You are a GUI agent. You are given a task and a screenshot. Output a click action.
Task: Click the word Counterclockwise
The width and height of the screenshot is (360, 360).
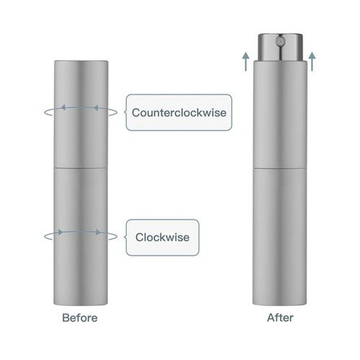(179, 112)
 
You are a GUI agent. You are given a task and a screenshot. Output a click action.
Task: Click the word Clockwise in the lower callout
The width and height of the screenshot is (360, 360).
(162, 237)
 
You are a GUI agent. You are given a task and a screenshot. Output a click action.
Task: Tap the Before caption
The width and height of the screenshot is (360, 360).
(80, 318)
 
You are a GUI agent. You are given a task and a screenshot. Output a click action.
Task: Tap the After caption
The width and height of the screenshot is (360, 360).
(280, 318)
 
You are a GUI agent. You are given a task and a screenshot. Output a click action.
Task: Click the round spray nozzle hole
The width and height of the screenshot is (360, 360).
(280, 41)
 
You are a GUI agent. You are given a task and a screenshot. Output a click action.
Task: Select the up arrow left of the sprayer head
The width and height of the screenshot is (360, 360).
(246, 61)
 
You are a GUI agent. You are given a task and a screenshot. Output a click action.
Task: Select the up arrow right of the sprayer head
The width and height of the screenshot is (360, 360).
(312, 61)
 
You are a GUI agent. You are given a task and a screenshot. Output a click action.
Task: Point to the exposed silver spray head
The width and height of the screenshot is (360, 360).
(280, 47)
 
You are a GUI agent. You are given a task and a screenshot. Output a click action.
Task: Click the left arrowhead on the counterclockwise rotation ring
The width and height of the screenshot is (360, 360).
(63, 107)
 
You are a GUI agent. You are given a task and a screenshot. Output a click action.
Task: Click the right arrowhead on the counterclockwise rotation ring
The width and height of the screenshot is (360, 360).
(96, 108)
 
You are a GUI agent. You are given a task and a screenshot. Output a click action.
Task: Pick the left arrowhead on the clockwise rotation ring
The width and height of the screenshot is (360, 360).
(61, 232)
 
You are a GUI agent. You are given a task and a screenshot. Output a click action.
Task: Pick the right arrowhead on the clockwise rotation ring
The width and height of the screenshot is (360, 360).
(98, 232)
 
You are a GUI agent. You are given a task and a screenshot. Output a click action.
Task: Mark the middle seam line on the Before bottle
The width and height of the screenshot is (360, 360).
(81, 168)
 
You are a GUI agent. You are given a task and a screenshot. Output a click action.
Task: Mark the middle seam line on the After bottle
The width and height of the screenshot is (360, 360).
(280, 168)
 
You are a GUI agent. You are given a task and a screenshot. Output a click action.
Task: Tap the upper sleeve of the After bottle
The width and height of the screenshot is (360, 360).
(280, 114)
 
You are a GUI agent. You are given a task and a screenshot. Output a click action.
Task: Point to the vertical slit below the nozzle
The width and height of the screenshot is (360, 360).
(280, 53)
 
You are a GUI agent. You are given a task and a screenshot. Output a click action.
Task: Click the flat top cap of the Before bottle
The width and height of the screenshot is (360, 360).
(81, 61)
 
